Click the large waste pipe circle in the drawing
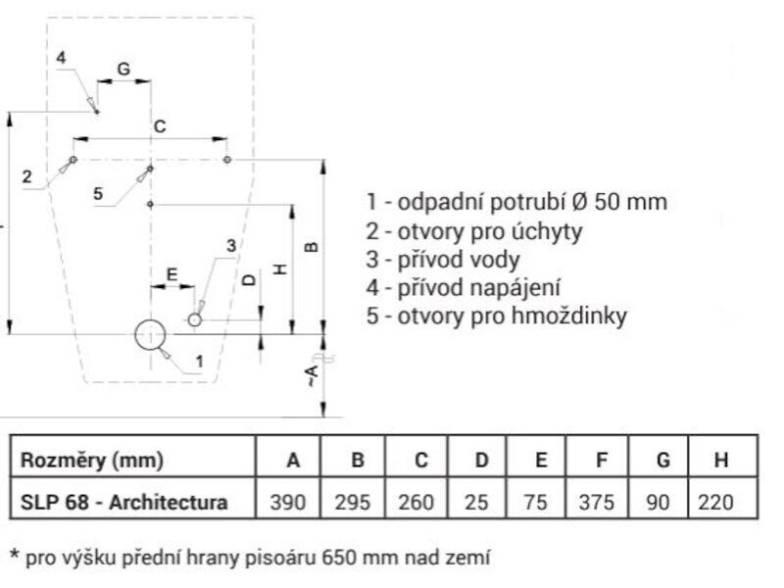coord(150,320)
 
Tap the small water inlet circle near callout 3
coord(194,314)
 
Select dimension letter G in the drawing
coord(123,69)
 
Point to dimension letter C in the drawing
coord(160,126)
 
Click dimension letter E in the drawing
coord(171,274)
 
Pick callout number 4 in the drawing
coord(61,58)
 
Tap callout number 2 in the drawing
coord(27,176)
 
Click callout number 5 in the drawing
coord(98,193)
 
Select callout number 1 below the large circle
coord(200,361)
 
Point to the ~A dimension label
coord(312,376)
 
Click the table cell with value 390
coord(288,502)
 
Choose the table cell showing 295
coord(353,502)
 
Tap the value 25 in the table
coord(476,502)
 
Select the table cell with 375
coord(597,502)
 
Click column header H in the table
coord(721,460)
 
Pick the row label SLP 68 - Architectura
coord(124,502)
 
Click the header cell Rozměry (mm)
coord(92,460)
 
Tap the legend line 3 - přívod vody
coord(443,260)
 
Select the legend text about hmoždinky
coord(497,316)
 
